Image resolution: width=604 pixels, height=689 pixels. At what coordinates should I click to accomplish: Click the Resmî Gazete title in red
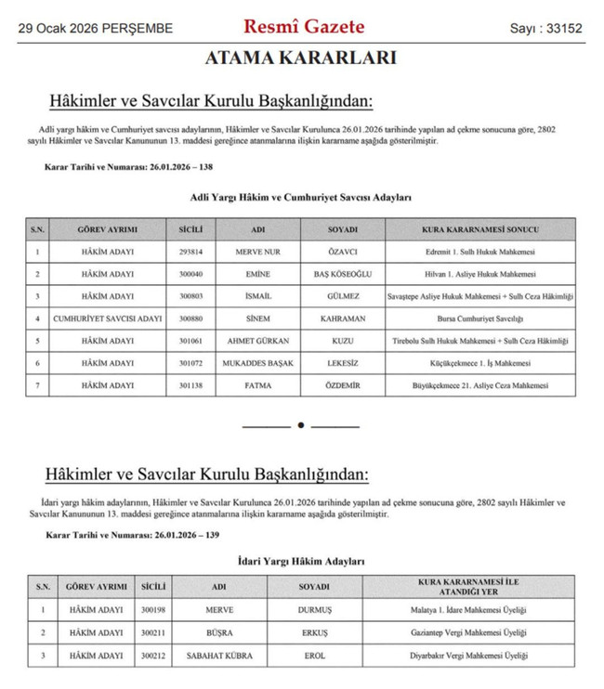(304, 27)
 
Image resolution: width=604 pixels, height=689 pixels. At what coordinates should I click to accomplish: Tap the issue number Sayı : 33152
(545, 29)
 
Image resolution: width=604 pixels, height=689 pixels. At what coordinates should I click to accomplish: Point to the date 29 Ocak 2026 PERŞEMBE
(96, 29)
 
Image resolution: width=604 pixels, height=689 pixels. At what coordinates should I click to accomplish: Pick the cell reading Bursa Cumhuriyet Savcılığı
(480, 318)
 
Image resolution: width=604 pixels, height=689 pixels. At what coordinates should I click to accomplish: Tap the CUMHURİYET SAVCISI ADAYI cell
(97, 318)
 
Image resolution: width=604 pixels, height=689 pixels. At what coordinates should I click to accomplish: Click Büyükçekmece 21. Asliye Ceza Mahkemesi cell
(480, 385)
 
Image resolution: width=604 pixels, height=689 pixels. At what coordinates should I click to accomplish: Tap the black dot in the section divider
(300, 425)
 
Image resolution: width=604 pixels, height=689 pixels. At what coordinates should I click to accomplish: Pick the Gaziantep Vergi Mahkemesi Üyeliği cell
(471, 632)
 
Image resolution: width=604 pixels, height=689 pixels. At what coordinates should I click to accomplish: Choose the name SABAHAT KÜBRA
(219, 655)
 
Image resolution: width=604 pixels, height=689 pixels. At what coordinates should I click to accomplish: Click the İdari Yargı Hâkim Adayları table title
(300, 561)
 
